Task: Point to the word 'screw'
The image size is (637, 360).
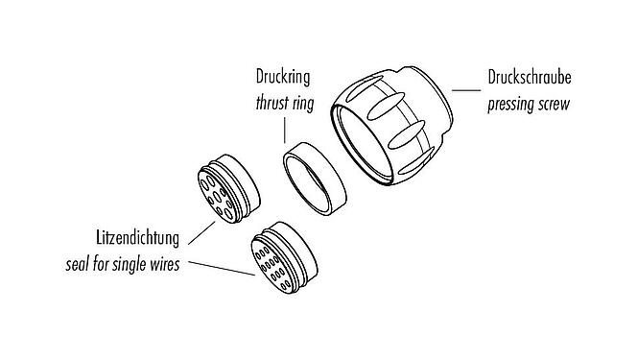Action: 555,104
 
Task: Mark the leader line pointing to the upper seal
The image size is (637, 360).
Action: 202,228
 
